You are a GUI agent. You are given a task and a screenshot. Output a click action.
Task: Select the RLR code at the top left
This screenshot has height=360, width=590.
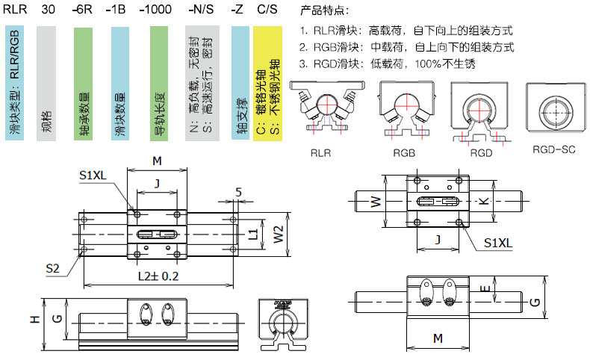click(x=16, y=11)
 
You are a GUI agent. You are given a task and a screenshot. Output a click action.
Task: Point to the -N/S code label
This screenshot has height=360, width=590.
click(x=200, y=11)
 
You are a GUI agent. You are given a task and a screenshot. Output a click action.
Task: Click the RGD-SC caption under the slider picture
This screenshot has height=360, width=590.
click(x=552, y=149)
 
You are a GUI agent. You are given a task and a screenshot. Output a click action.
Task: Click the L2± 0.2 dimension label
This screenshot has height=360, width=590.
click(x=158, y=276)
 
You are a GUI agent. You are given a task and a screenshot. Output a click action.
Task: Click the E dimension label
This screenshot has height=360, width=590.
click(x=487, y=287)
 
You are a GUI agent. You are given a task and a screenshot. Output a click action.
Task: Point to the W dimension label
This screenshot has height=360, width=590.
click(x=376, y=201)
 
